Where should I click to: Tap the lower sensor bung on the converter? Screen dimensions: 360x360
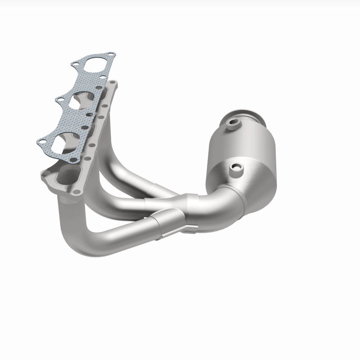(x=236, y=169)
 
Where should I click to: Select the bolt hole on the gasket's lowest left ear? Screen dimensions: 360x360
(x=41, y=142)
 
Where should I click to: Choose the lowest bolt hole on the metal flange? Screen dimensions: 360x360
(x=76, y=192)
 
